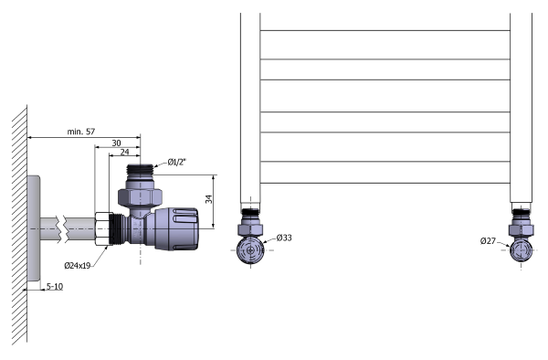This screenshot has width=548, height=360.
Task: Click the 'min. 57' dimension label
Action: pyautogui.click(x=80, y=132)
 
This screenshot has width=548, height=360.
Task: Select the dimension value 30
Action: pyautogui.click(x=116, y=143)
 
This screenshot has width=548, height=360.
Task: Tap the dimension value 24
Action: pyautogui.click(x=124, y=152)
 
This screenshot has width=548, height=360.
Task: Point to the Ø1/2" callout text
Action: pyautogui.click(x=177, y=162)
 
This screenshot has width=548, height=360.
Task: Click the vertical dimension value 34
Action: pyautogui.click(x=208, y=199)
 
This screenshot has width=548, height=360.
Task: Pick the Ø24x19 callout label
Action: pyautogui.click(x=78, y=266)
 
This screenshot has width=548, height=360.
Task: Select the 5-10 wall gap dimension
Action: pyautogui.click(x=55, y=287)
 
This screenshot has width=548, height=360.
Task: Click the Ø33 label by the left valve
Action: pyautogui.click(x=284, y=238)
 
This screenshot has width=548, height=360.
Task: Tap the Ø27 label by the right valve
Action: pyautogui.click(x=488, y=241)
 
